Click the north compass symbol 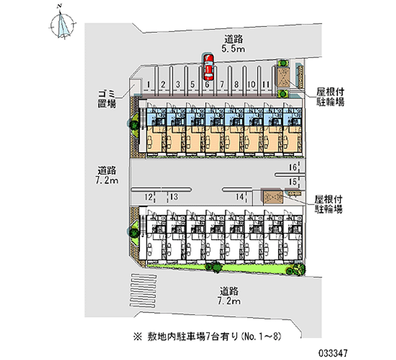click(63, 23)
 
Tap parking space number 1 click(148, 85)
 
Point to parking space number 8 click(237, 85)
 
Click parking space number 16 click(293, 167)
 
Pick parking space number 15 click(293, 181)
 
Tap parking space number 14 click(240, 197)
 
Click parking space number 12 click(148, 197)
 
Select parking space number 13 click(174, 197)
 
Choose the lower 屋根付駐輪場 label click(329, 204)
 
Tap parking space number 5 click(192, 85)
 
